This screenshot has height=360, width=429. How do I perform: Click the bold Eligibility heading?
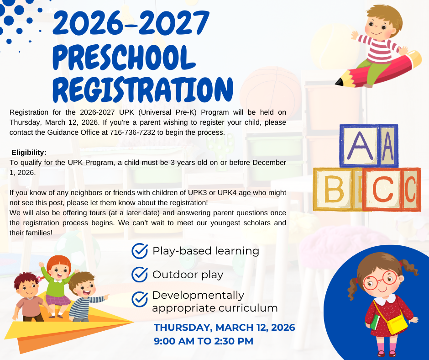point(29,152)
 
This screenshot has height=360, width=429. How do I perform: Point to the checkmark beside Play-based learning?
point(139,251)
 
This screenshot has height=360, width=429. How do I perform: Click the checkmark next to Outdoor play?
point(139,275)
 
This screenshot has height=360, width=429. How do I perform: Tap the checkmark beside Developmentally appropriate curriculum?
point(139,299)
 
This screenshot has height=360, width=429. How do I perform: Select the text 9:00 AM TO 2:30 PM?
point(204,341)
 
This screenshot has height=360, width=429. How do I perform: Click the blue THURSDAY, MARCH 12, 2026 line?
point(224,328)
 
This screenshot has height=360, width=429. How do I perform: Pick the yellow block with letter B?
point(334,189)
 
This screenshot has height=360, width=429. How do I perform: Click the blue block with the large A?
point(360,145)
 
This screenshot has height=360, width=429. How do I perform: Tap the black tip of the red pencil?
point(339,83)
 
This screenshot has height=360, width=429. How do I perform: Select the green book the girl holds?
point(375,322)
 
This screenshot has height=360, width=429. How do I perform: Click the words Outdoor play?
point(188,275)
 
